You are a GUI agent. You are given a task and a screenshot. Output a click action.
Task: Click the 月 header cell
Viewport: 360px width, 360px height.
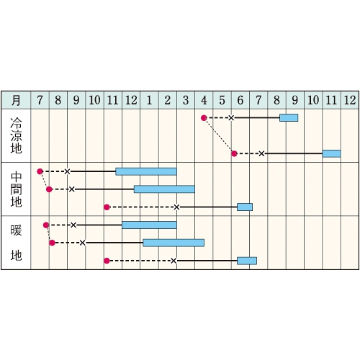point(16,100)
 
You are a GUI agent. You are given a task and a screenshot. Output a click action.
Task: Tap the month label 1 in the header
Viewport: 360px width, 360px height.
point(149,100)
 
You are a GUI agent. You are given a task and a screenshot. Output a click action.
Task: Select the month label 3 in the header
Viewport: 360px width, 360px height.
point(186,100)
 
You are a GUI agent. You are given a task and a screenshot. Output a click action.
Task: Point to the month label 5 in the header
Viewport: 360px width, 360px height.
point(222,100)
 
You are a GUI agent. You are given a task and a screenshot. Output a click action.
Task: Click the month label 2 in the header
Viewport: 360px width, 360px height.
point(168,100)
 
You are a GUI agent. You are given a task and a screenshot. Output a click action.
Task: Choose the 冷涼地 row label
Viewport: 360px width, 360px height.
point(16,135)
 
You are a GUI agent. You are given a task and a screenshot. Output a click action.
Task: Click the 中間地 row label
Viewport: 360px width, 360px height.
point(16,189)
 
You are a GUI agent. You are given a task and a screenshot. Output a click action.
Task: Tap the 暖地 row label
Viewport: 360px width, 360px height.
point(16,243)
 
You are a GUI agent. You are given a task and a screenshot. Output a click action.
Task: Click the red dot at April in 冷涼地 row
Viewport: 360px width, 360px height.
point(204,118)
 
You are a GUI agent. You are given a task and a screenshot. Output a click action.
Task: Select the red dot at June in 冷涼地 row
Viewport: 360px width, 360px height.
point(234,153)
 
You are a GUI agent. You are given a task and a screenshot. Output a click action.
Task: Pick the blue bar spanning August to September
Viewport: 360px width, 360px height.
point(289,118)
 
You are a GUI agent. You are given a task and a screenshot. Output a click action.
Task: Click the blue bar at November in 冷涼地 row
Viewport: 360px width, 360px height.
point(331,153)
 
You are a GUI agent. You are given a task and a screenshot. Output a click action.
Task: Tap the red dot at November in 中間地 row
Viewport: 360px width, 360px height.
point(107,207)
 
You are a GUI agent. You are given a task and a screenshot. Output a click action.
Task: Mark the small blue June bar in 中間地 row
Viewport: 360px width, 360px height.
point(245,207)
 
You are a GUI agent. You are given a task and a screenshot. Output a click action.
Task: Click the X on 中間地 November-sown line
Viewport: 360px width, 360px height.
point(176,207)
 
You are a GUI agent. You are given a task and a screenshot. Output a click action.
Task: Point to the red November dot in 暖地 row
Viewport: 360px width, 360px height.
point(107,261)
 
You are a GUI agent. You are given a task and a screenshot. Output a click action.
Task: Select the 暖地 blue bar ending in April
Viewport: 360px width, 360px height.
point(174,243)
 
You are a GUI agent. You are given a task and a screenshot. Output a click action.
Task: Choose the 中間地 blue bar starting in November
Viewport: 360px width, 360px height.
point(146,171)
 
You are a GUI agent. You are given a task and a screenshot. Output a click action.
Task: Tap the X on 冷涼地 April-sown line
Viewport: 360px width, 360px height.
point(231,118)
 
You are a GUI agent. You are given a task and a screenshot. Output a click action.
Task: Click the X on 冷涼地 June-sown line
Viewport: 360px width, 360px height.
point(261,153)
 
